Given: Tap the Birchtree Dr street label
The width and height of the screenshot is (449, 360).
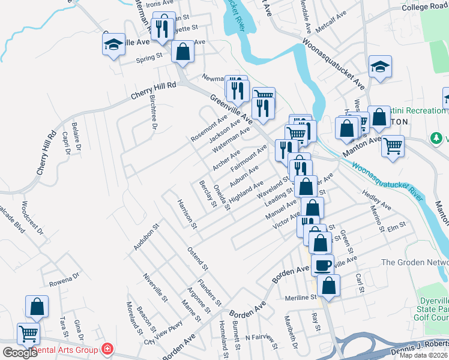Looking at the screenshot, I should pyautogui.click(x=152, y=115).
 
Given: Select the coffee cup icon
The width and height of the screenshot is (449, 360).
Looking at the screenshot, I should pyautogui.click(x=322, y=265).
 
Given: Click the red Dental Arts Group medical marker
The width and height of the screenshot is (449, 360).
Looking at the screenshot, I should pyautogui.click(x=107, y=349).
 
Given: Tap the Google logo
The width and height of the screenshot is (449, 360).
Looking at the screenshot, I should pyautogui.click(x=20, y=352).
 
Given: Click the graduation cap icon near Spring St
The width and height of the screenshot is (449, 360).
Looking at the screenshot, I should pyautogui.click(x=113, y=44).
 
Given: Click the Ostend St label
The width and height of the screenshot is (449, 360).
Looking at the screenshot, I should pyautogui.click(x=197, y=258).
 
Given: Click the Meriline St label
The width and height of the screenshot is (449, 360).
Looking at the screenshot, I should pyautogui.click(x=301, y=297).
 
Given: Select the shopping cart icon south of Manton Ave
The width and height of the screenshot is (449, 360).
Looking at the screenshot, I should pyautogui.click(x=393, y=145).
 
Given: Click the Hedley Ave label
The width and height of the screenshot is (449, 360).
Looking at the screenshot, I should pyautogui.click(x=376, y=200).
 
